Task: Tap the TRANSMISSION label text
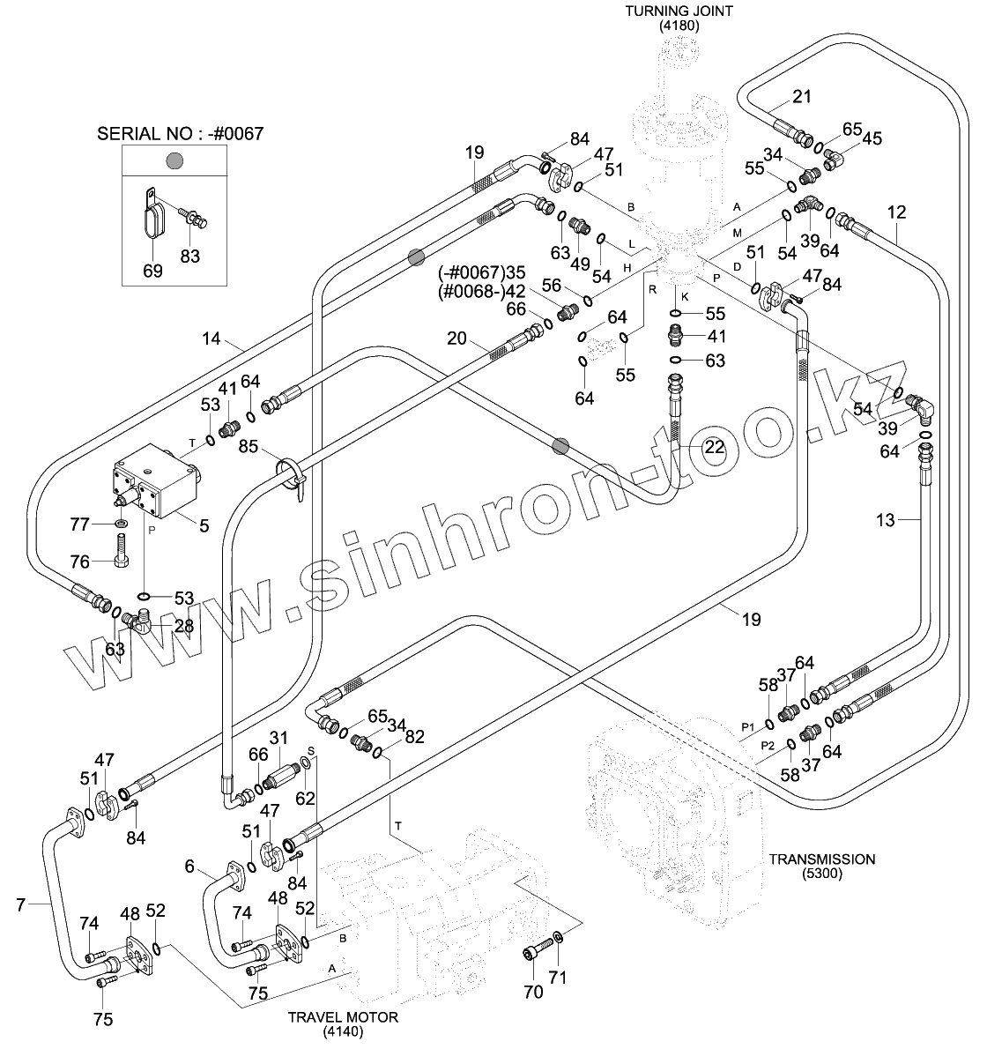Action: click(x=821, y=859)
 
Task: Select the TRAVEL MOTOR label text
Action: click(x=343, y=1017)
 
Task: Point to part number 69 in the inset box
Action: click(x=152, y=271)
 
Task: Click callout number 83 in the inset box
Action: click(x=190, y=257)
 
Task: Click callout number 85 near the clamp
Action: click(x=248, y=447)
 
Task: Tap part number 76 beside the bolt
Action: click(x=80, y=562)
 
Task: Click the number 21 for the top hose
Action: click(x=801, y=97)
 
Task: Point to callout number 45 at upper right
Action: click(x=872, y=138)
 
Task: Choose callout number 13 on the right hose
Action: click(x=886, y=520)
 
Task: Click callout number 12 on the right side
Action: click(x=896, y=212)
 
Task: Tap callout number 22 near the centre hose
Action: click(x=714, y=447)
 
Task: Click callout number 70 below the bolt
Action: click(x=534, y=993)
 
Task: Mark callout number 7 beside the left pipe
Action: click(x=20, y=903)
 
